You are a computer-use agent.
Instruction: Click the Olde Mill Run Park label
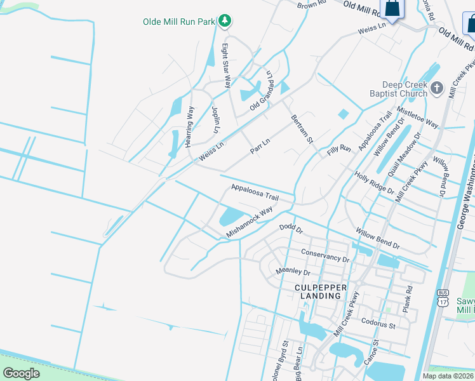point(179,21)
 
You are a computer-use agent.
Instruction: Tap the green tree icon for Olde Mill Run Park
point(224,21)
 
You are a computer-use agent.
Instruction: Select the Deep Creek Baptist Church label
point(405,89)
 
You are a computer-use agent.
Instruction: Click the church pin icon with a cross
point(437,88)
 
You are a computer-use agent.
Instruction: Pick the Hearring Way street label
point(189,127)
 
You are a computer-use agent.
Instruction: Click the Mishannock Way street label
point(250,222)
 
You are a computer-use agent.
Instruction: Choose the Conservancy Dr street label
point(325,256)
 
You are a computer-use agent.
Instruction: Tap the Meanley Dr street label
point(293,272)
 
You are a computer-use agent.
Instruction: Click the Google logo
point(21,373)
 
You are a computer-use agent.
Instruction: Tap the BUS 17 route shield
point(443,297)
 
